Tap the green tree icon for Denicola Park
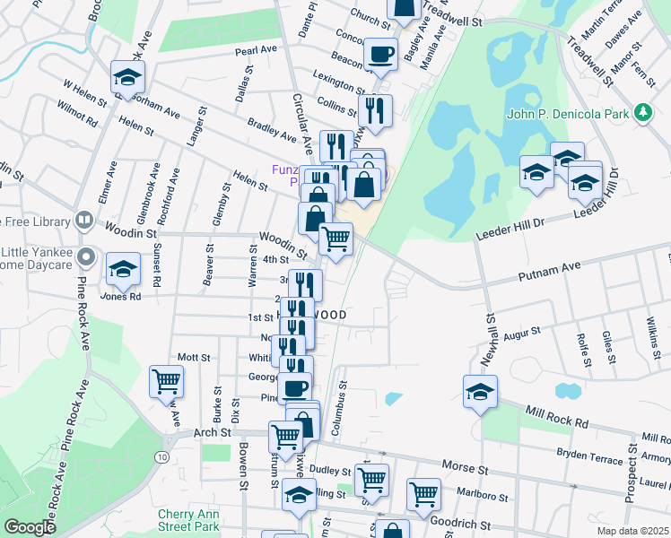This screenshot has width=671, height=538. click(x=642, y=112)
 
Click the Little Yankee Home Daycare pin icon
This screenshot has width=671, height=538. click(x=86, y=258)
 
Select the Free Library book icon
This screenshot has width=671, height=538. click(x=83, y=220)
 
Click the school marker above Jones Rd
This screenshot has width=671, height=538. click(x=124, y=268)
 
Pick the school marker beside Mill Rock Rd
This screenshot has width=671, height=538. click(x=481, y=391)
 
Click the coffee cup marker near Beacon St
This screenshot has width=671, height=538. click(x=380, y=53)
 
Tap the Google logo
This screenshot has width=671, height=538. click(x=30, y=526)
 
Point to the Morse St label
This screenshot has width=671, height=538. click(x=465, y=468)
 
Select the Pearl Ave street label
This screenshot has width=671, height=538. click(x=256, y=51)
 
